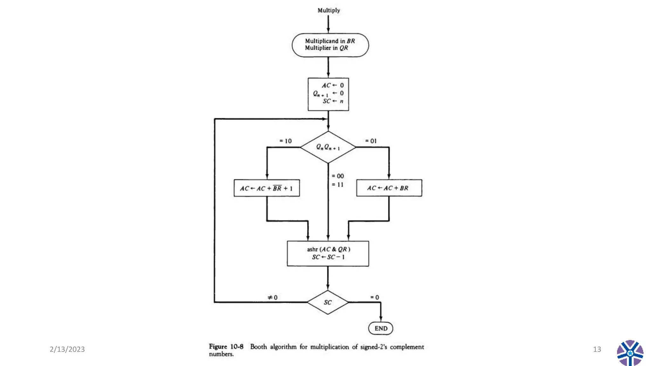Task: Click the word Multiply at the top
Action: click(x=329, y=10)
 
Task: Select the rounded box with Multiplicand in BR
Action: click(x=330, y=45)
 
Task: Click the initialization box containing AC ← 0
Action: click(x=328, y=94)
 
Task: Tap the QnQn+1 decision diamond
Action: click(x=328, y=147)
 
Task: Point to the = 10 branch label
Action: click(x=285, y=141)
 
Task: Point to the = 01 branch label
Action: click(x=371, y=141)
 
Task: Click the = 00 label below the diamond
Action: click(x=338, y=176)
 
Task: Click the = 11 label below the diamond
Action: click(x=338, y=185)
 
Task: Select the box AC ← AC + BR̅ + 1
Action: click(x=266, y=188)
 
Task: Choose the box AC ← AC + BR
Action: click(x=389, y=188)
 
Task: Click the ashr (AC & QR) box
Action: click(x=328, y=253)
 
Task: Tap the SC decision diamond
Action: click(x=328, y=302)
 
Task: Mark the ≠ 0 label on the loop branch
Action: click(x=272, y=297)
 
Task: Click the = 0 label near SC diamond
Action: click(x=374, y=297)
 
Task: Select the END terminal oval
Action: click(x=380, y=328)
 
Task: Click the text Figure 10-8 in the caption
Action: click(x=226, y=347)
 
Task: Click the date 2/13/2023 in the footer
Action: click(x=67, y=349)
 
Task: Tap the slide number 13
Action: click(x=597, y=349)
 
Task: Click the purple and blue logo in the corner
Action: click(x=630, y=353)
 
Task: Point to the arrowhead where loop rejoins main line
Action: click(x=325, y=119)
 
